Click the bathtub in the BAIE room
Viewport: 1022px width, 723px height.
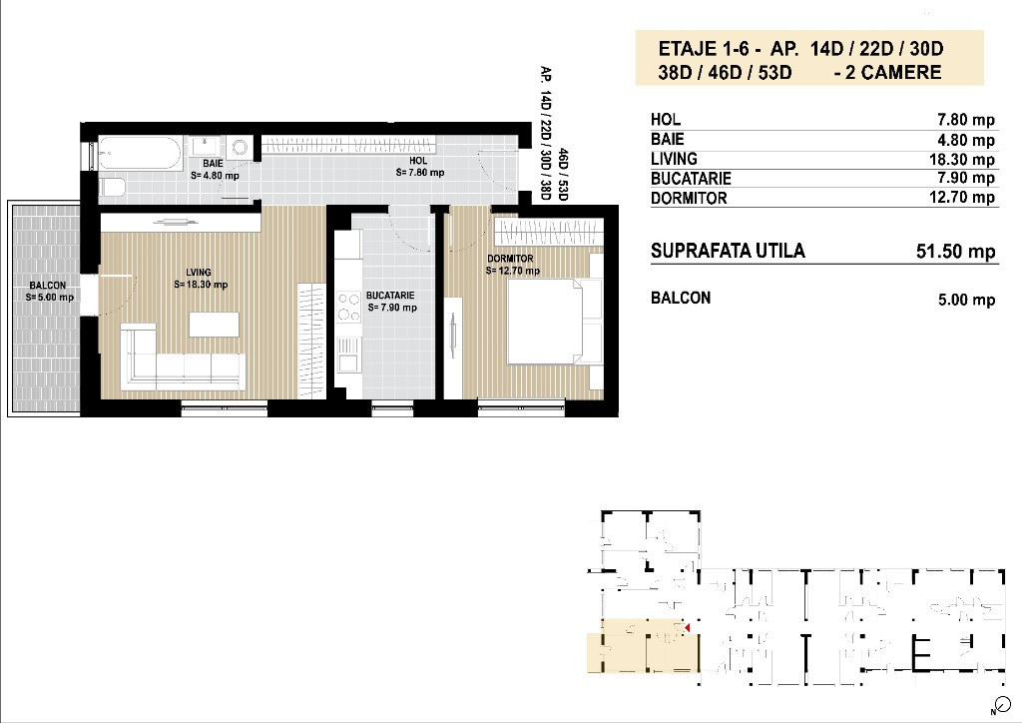(x=140, y=153)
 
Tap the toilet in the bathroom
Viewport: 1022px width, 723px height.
(x=112, y=188)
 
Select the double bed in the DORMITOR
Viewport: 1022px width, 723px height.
(x=555, y=322)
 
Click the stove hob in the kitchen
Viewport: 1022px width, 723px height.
(x=348, y=307)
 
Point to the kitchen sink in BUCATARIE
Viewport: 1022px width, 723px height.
(x=348, y=354)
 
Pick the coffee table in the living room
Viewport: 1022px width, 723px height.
(x=214, y=325)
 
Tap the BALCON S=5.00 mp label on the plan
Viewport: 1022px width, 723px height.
(x=49, y=291)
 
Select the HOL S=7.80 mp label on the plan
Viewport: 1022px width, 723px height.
(x=420, y=166)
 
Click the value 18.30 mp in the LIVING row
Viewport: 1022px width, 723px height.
(x=961, y=160)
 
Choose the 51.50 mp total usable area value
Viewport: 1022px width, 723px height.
(x=955, y=252)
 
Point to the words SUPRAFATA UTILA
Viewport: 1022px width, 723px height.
(x=728, y=251)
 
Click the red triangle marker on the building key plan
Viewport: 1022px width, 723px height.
(x=687, y=627)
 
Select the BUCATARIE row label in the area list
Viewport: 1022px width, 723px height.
(x=691, y=179)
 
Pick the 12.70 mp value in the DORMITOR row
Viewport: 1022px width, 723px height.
(x=961, y=197)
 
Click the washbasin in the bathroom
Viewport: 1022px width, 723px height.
(x=206, y=146)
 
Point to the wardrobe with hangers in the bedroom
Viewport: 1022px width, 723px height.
(x=548, y=232)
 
